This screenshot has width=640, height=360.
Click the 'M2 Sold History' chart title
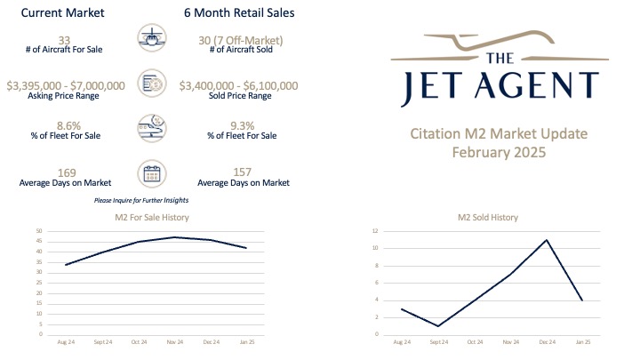(488, 217)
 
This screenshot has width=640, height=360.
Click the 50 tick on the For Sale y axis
(39, 231)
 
